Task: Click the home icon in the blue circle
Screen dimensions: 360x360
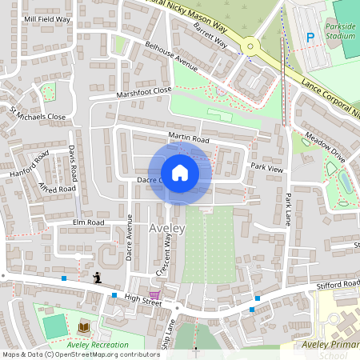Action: coord(180,172)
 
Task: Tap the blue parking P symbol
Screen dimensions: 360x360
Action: coord(310,37)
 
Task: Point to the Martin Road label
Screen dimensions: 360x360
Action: coord(188,139)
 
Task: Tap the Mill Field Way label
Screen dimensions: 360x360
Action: coord(46,18)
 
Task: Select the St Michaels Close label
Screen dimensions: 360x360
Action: coord(37,112)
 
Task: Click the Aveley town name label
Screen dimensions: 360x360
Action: coord(167,229)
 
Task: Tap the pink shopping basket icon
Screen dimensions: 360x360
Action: coord(154,295)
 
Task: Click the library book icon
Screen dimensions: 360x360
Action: coord(84,327)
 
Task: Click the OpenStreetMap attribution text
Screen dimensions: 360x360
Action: coord(80,354)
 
